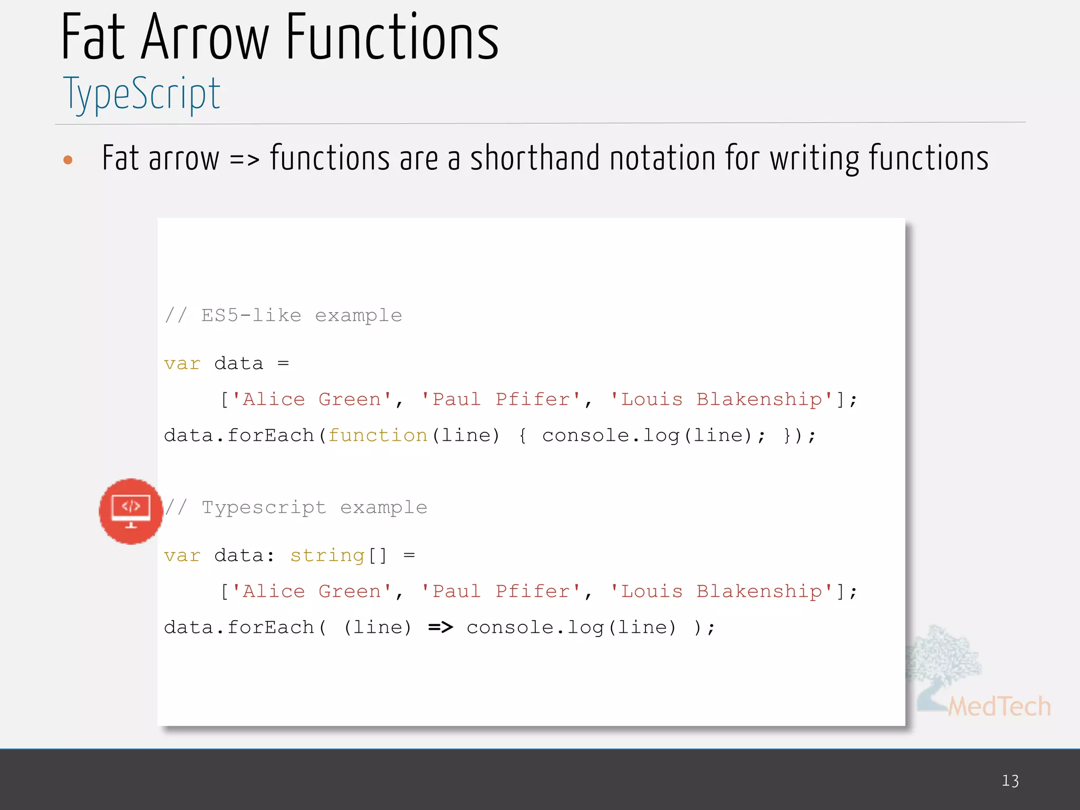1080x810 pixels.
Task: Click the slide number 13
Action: click(1010, 780)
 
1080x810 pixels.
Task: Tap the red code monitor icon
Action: click(131, 511)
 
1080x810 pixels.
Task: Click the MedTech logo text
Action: click(999, 706)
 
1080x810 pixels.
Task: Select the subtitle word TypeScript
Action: click(141, 94)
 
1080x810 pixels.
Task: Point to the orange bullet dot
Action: click(67, 160)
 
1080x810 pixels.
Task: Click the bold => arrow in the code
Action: click(440, 627)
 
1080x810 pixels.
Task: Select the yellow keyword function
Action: click(378, 436)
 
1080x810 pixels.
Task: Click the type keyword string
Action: click(327, 556)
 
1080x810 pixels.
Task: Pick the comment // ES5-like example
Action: click(283, 315)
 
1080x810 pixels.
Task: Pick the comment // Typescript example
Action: click(295, 507)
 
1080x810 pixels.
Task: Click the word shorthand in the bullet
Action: click(535, 158)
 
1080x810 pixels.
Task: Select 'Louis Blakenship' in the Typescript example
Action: click(721, 592)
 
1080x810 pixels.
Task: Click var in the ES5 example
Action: click(182, 364)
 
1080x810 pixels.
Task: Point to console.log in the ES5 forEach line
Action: click(611, 436)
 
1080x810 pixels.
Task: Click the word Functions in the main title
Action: click(392, 38)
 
